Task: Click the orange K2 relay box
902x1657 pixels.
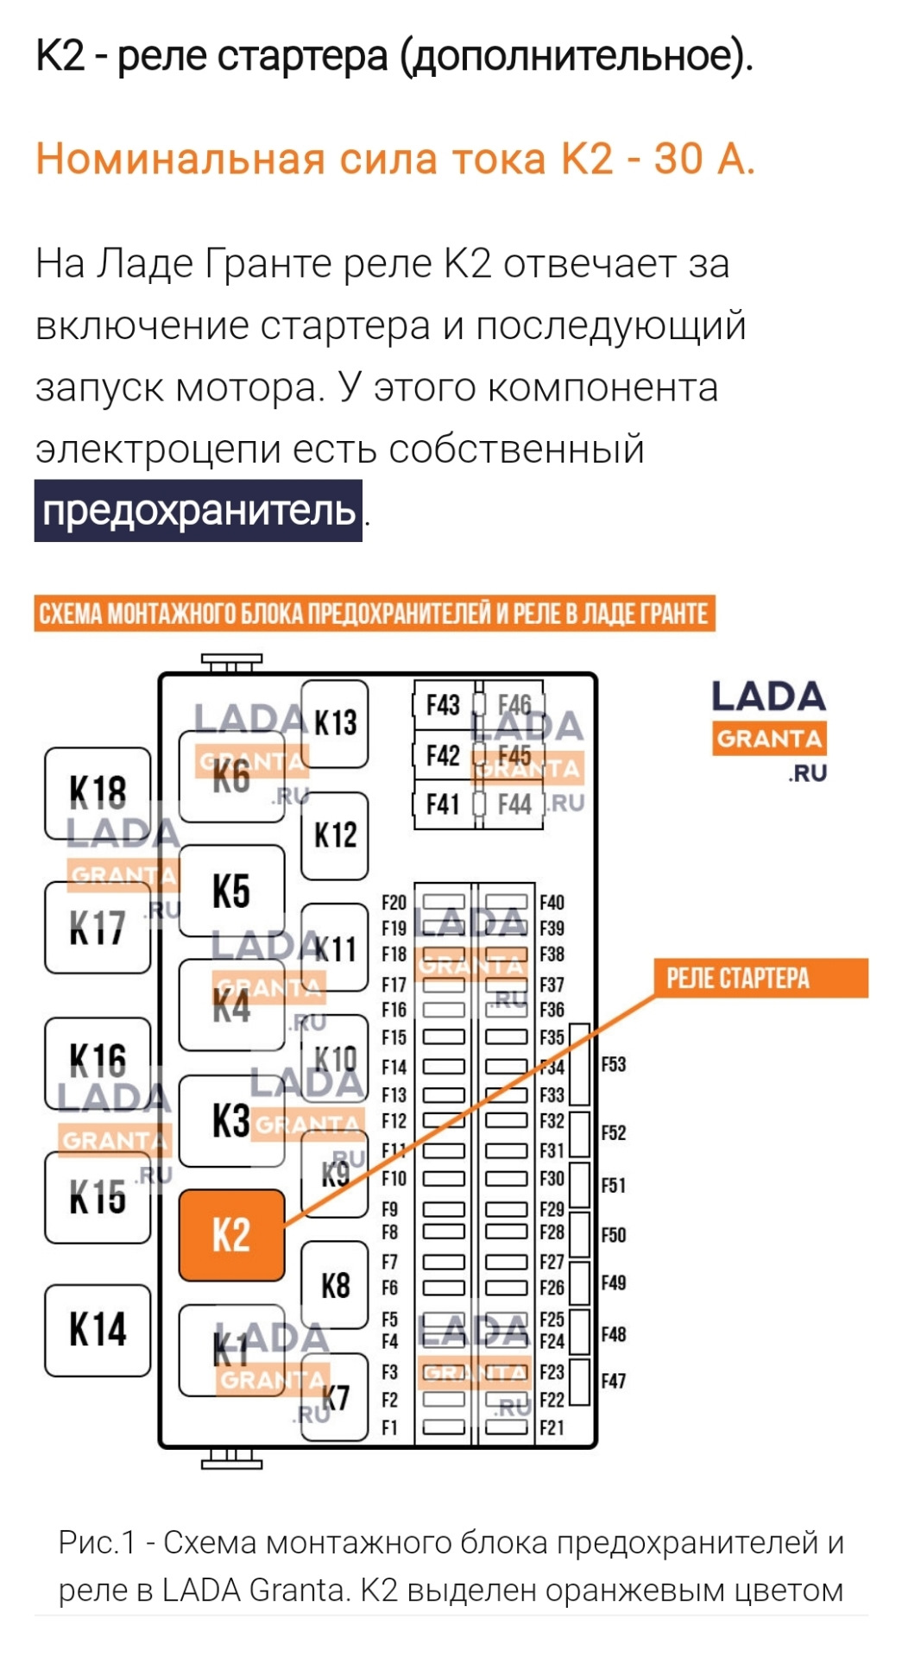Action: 231,1235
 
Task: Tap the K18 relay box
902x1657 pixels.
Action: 98,792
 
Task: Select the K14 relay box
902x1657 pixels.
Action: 98,1329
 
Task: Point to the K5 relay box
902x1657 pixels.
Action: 231,891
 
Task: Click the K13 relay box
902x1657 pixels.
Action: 335,723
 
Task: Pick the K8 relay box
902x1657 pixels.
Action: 335,1286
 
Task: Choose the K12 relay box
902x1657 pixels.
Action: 335,835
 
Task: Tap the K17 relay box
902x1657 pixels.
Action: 98,928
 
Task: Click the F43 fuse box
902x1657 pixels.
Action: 444,706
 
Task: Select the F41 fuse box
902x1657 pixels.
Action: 444,804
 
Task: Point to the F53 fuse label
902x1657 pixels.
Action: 613,1064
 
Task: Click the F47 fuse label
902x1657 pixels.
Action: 613,1381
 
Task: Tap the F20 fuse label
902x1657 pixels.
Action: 394,903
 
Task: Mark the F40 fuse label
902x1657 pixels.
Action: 552,903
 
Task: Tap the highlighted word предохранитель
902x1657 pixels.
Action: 199,511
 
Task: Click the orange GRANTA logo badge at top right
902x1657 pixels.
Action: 769,739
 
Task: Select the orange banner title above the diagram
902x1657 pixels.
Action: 375,614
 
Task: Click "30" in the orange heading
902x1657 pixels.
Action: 678,159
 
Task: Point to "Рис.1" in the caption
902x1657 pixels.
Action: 97,1542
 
